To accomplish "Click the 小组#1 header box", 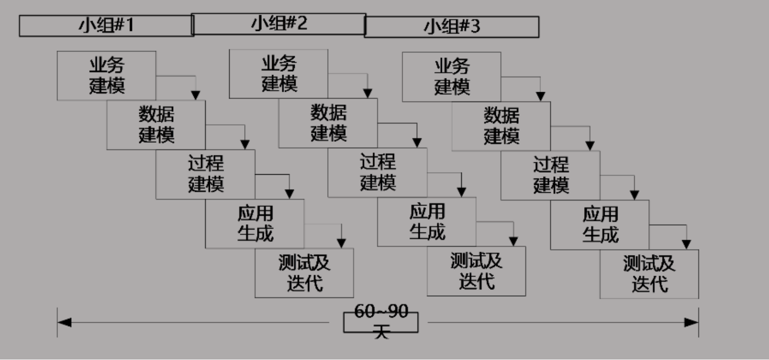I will coord(106,26).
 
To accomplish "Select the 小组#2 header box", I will coord(279,24).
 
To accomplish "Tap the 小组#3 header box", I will coord(452,27).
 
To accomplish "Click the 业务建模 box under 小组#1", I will coord(106,76).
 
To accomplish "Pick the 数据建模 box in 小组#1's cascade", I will coord(156,125).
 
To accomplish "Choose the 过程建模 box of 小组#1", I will coord(205,174).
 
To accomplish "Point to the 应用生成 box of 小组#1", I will coord(255,224).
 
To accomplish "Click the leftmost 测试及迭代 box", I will coord(304,273).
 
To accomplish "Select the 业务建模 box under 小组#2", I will coord(279,74).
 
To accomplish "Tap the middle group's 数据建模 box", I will coord(328,123).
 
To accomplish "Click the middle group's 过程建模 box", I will coord(378,173).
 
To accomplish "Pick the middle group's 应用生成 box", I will coord(427,222).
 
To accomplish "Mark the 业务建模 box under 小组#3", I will coord(452,77).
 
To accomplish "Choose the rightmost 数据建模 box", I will coord(501,126).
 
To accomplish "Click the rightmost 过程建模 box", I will coord(550,176).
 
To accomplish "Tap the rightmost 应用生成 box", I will coord(600,225).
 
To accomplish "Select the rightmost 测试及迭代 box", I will coord(649,274).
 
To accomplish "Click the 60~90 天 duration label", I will coord(381,322).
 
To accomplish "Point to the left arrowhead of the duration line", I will coord(64,322).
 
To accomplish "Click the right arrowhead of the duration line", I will coord(692,322).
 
